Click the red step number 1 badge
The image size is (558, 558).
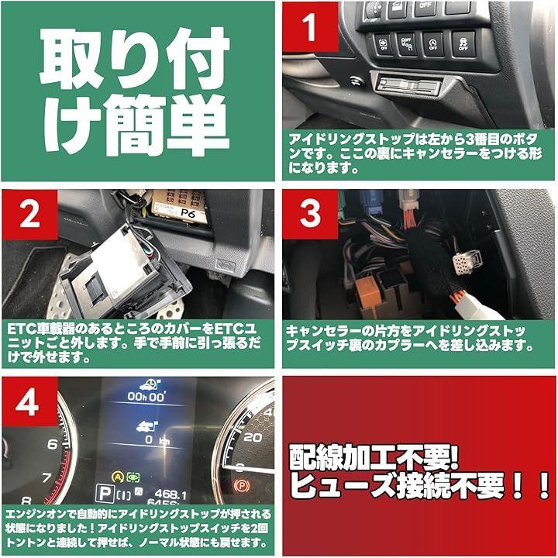point(310,26)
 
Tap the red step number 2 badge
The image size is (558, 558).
point(30,214)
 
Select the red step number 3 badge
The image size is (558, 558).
point(310,214)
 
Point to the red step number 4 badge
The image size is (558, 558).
point(30,401)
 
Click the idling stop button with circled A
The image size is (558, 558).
point(433,44)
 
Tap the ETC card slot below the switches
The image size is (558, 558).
point(409,86)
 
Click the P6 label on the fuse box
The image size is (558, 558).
point(188,214)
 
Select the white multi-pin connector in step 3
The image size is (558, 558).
point(467,262)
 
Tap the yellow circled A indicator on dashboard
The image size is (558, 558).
point(118,477)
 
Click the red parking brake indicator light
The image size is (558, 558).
point(242,485)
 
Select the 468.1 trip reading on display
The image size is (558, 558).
point(170,494)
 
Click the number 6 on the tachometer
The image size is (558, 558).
point(53,444)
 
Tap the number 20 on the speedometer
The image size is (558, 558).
point(253,437)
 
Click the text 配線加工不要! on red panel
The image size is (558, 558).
point(374,457)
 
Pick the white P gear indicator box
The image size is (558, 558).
point(105,494)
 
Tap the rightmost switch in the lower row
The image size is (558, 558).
point(463,44)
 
